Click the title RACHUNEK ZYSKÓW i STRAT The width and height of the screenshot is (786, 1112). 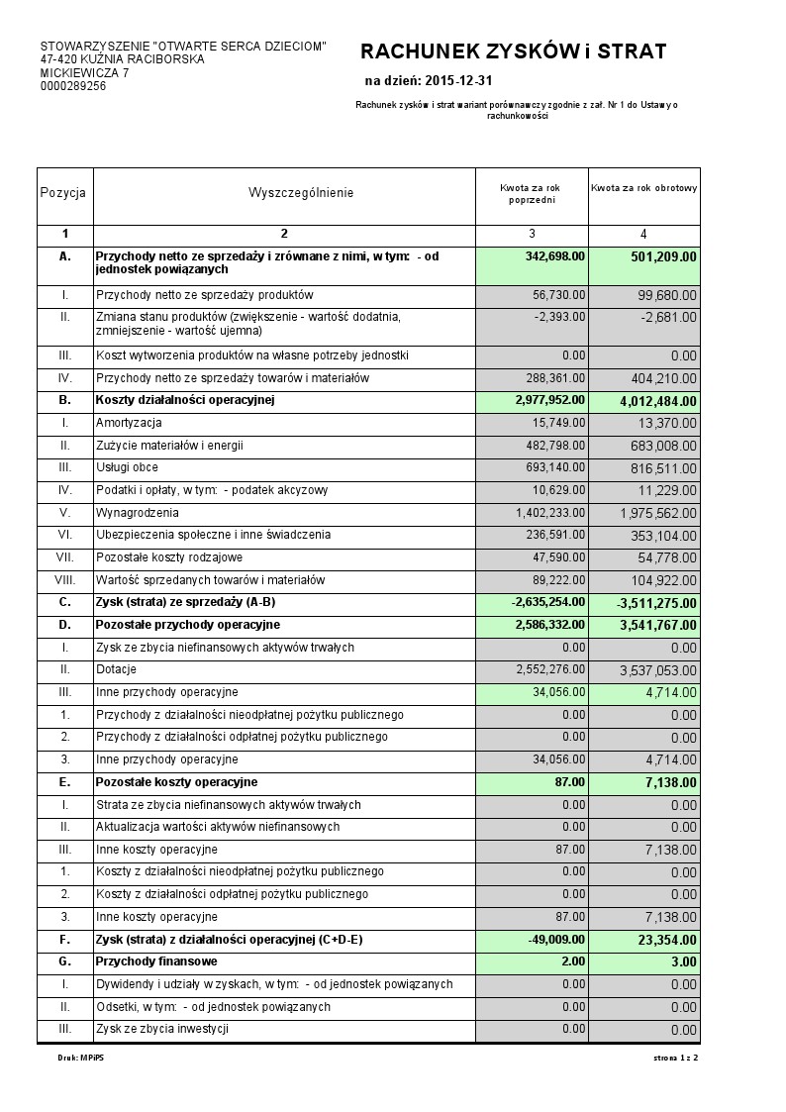coord(513,52)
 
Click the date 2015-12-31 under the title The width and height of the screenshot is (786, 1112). coord(457,80)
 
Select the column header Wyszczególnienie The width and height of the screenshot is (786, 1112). coord(300,193)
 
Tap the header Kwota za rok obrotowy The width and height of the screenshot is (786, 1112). coord(643,187)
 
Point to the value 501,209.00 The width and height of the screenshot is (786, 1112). coord(663,257)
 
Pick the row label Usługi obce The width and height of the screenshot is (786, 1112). coord(127,467)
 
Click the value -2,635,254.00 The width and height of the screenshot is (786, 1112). coord(548,602)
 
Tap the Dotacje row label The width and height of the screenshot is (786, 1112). coord(116,669)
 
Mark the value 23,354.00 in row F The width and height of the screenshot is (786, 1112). coord(666,940)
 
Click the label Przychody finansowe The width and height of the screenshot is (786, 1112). coord(156,961)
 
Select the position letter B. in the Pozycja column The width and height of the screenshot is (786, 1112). coord(64,400)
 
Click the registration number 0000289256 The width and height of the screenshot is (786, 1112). coord(73,86)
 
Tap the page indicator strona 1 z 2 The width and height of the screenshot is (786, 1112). coord(675,1059)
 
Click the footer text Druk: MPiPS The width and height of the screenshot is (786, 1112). coord(81,1059)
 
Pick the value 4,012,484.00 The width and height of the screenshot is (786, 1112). coord(657,401)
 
